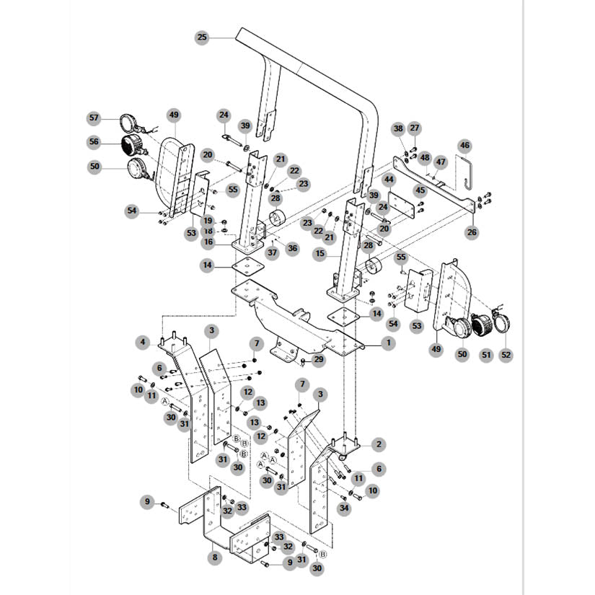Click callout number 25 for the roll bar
pos(202,38)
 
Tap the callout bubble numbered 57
pos(94,118)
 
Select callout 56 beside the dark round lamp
pos(94,142)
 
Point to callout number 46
pos(465,146)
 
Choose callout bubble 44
pos(389,180)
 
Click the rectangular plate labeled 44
pos(401,205)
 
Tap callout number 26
pos(472,232)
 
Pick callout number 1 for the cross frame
pos(388,343)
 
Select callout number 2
pos(379,444)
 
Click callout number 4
pos(143,343)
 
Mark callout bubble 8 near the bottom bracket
pos(215,557)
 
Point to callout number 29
pos(318,359)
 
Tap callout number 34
pos(344,508)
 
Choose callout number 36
pos(292,249)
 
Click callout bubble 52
pos(506,355)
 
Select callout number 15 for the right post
pos(320,253)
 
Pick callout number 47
pos(440,162)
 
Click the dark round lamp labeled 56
pos(132,145)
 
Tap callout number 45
pos(420,190)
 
